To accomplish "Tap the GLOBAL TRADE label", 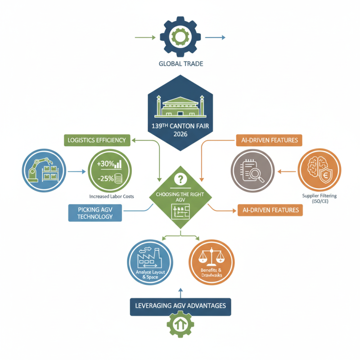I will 181,64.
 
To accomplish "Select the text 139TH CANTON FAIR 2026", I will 180,130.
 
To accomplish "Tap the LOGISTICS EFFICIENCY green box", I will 97,140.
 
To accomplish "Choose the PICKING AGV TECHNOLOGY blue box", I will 95,213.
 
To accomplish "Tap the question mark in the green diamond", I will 180,180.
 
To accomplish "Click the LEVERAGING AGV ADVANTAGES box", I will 180,306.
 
